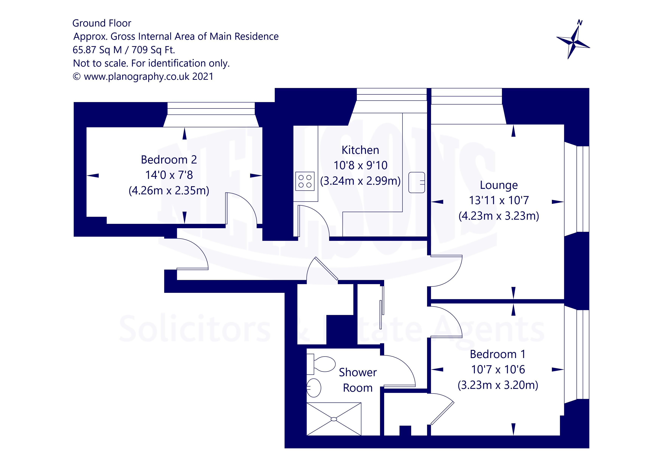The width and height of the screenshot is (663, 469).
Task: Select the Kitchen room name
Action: [x=360, y=150]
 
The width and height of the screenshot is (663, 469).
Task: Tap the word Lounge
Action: [x=499, y=185]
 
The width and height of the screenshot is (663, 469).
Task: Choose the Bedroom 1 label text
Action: [x=498, y=354]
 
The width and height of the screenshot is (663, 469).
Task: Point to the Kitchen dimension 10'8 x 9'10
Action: [x=360, y=165]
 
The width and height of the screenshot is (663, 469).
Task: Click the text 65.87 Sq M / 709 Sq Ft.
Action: [x=124, y=50]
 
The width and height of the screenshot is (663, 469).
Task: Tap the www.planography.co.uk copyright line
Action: [x=143, y=77]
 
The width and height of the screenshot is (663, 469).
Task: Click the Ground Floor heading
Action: [x=102, y=23]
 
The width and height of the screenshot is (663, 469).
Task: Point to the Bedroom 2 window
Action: [x=211, y=109]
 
